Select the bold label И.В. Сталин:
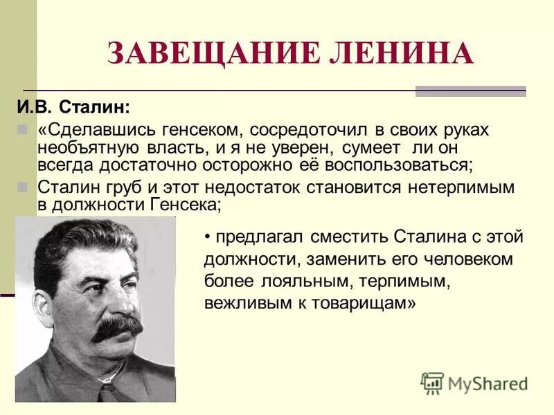pyautogui.click(x=73, y=107)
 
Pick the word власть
pyautogui.click(x=172, y=148)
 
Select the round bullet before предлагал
pyautogui.click(x=207, y=237)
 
